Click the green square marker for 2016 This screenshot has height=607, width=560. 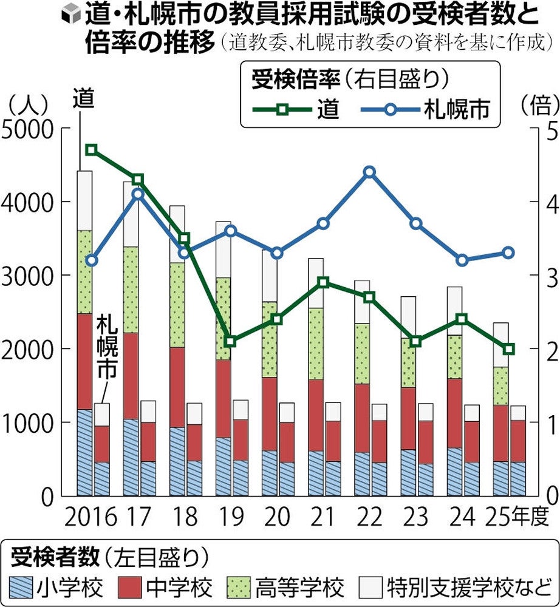(x=92, y=150)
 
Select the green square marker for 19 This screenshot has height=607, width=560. (x=230, y=341)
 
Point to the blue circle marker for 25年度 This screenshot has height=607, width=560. (x=509, y=253)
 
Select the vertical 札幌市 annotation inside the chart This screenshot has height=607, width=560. (x=109, y=352)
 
